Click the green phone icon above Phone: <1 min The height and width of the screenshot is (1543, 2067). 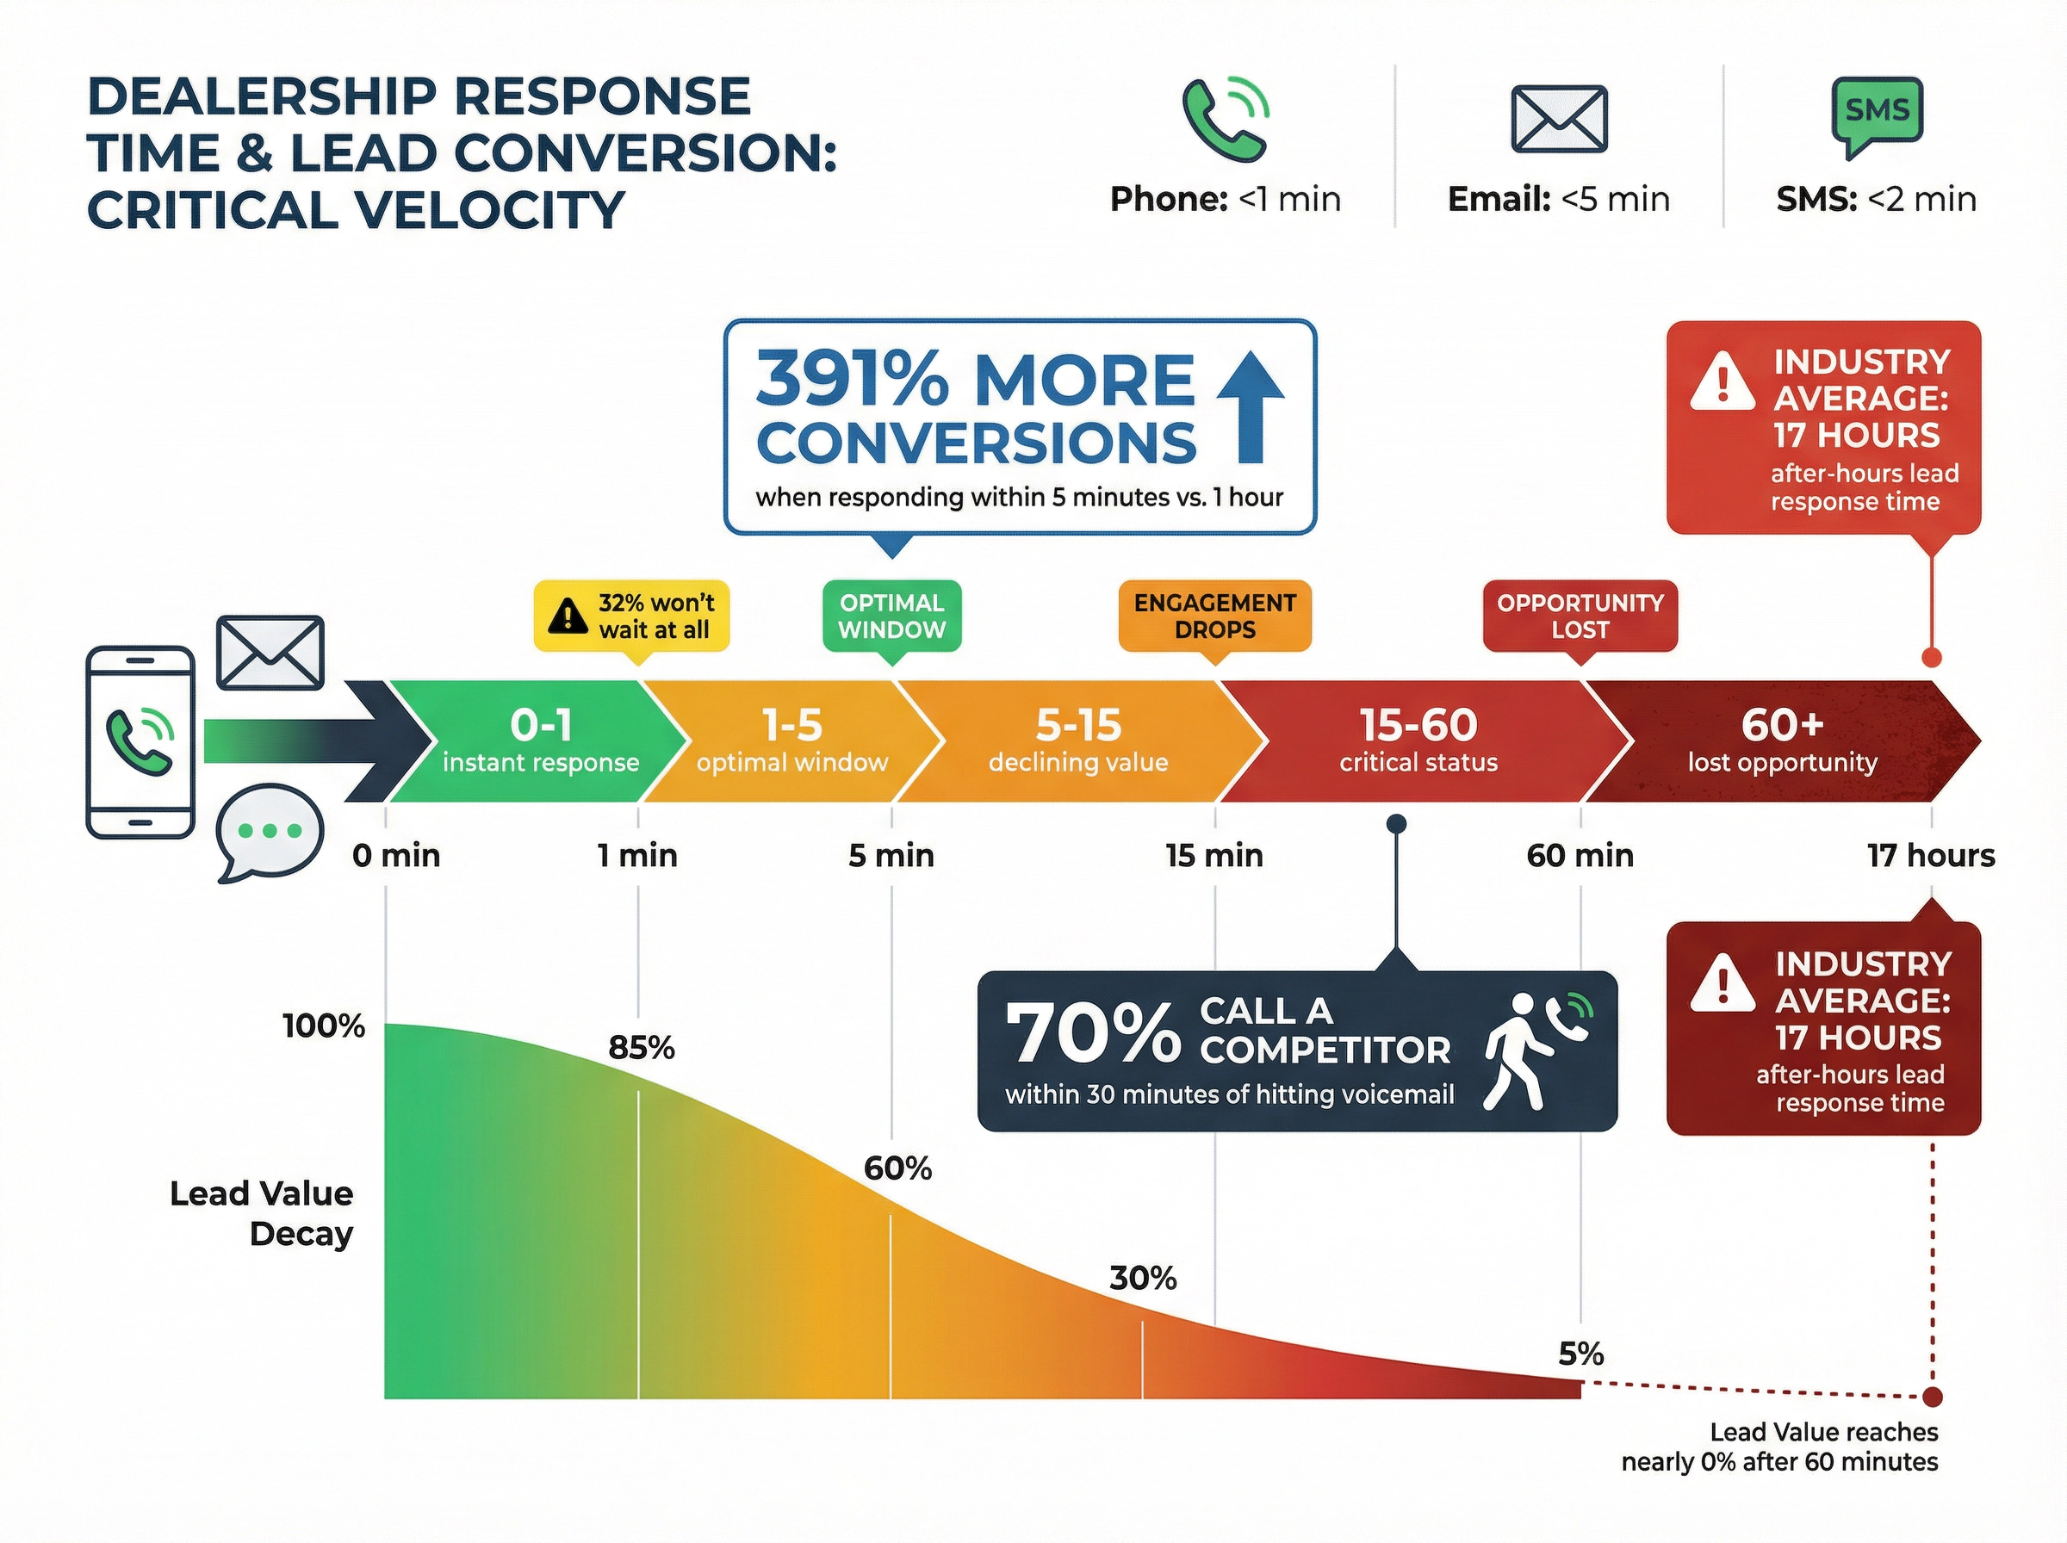pos(1224,121)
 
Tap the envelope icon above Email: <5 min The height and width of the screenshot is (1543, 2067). pos(1558,120)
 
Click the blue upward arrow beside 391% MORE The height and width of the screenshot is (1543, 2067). pos(1250,407)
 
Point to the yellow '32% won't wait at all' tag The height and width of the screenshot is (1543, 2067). pos(631,616)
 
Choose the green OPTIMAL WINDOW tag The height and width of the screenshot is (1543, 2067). pos(891,616)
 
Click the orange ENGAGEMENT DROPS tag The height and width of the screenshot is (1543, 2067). pos(1214,616)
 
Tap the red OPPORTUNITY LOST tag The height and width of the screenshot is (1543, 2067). pos(1580,616)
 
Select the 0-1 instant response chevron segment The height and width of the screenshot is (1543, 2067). pos(540,741)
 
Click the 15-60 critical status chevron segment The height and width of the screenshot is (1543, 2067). pos(1418,741)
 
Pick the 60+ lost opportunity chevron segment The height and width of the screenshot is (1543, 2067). pos(1782,741)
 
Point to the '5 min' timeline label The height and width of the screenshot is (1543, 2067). pos(891,856)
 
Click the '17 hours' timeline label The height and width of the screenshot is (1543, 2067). pos(1931,856)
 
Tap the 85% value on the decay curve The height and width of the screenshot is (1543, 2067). pos(641,1048)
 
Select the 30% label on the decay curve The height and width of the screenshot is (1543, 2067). pos(1142,1278)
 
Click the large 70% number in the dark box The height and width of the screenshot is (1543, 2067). pos(1093,1034)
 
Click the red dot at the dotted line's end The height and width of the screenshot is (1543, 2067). pos(1933,1397)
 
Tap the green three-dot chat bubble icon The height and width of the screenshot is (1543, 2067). pos(269,831)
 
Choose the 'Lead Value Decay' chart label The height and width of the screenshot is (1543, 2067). pos(262,1213)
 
